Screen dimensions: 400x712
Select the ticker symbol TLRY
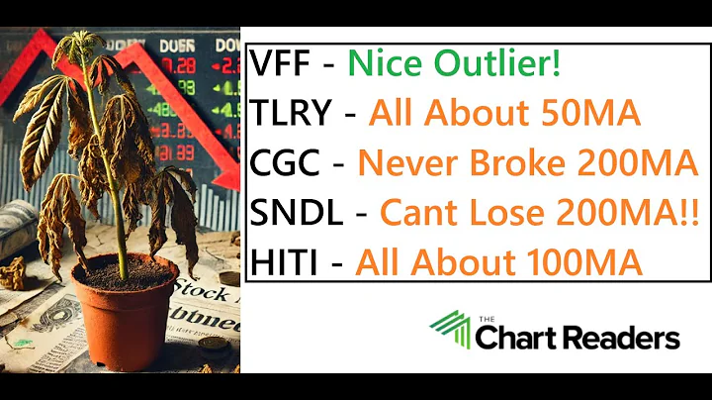(291, 114)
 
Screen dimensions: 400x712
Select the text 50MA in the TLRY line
(591, 114)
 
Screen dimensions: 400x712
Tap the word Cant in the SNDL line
(414, 213)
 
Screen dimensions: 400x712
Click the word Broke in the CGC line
(496, 163)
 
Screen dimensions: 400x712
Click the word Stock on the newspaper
(197, 292)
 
